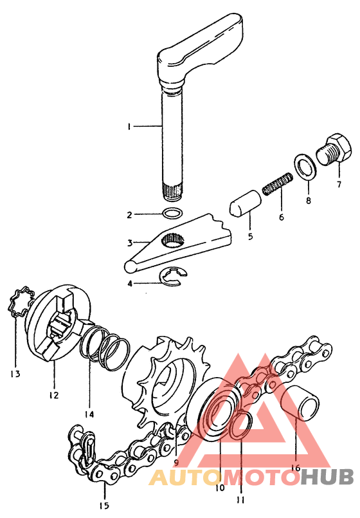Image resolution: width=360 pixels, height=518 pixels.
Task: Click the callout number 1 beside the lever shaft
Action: [x=129, y=127]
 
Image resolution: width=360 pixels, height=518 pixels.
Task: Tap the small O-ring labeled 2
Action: [x=172, y=214]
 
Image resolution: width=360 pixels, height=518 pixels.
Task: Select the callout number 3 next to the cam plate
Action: [x=129, y=243]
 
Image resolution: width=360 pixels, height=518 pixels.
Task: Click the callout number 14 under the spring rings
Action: [x=89, y=414]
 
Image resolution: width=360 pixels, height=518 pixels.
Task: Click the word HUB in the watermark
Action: [x=328, y=477]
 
